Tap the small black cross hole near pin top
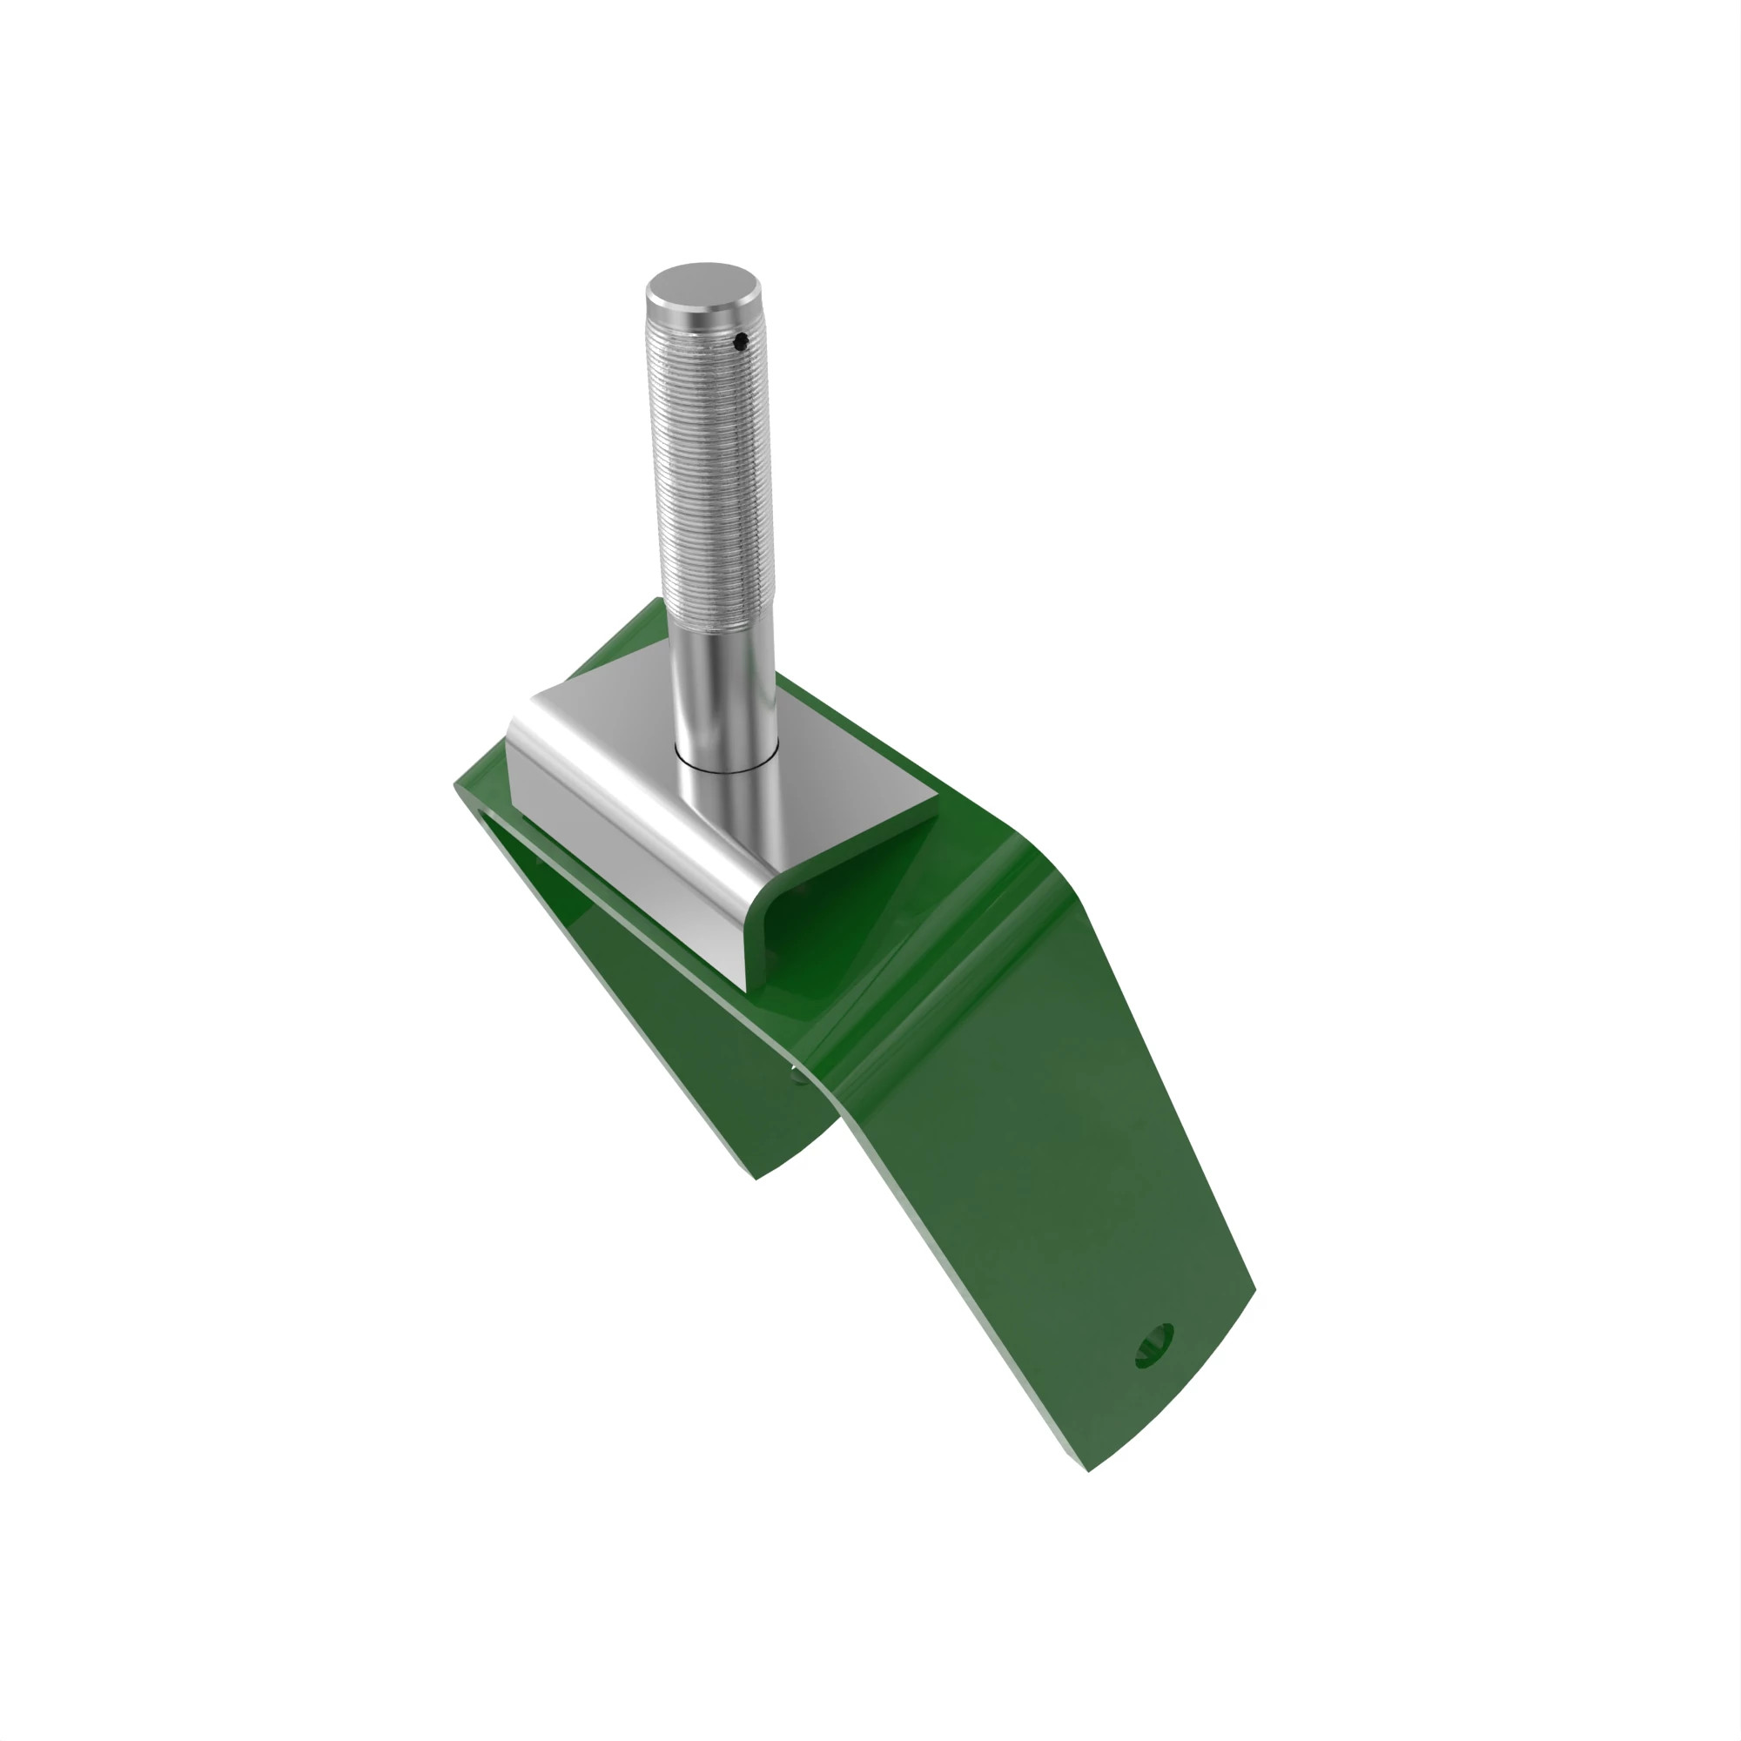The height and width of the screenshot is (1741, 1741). pos(740,341)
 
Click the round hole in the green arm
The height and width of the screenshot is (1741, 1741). pos(1154,1347)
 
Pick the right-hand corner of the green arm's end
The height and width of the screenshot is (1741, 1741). pos(1254,1291)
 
